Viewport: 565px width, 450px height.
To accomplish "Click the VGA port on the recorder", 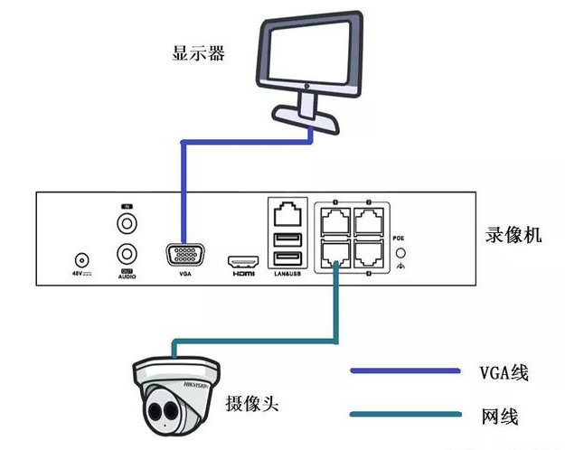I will pos(184,253).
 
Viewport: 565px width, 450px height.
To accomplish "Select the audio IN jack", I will pos(126,220).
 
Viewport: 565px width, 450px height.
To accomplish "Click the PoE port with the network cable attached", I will pos(335,253).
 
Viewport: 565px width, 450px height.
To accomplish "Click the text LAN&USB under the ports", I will pos(287,273).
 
